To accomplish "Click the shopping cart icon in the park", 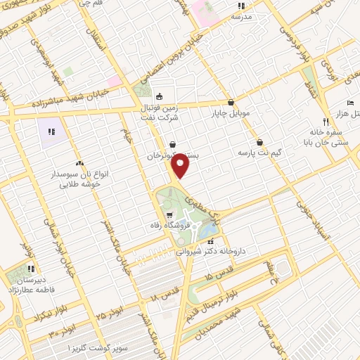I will (x=169, y=215).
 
